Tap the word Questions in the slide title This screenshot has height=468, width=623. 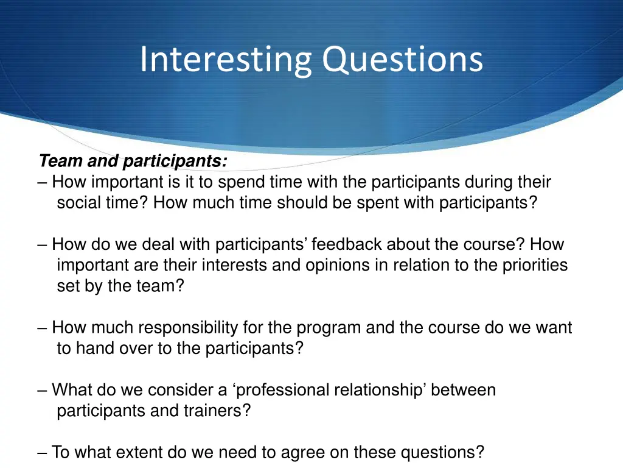402,60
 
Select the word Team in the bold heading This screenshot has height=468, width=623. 60,161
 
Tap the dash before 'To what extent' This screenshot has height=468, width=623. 43,453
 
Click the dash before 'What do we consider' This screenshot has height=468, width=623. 43,390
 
